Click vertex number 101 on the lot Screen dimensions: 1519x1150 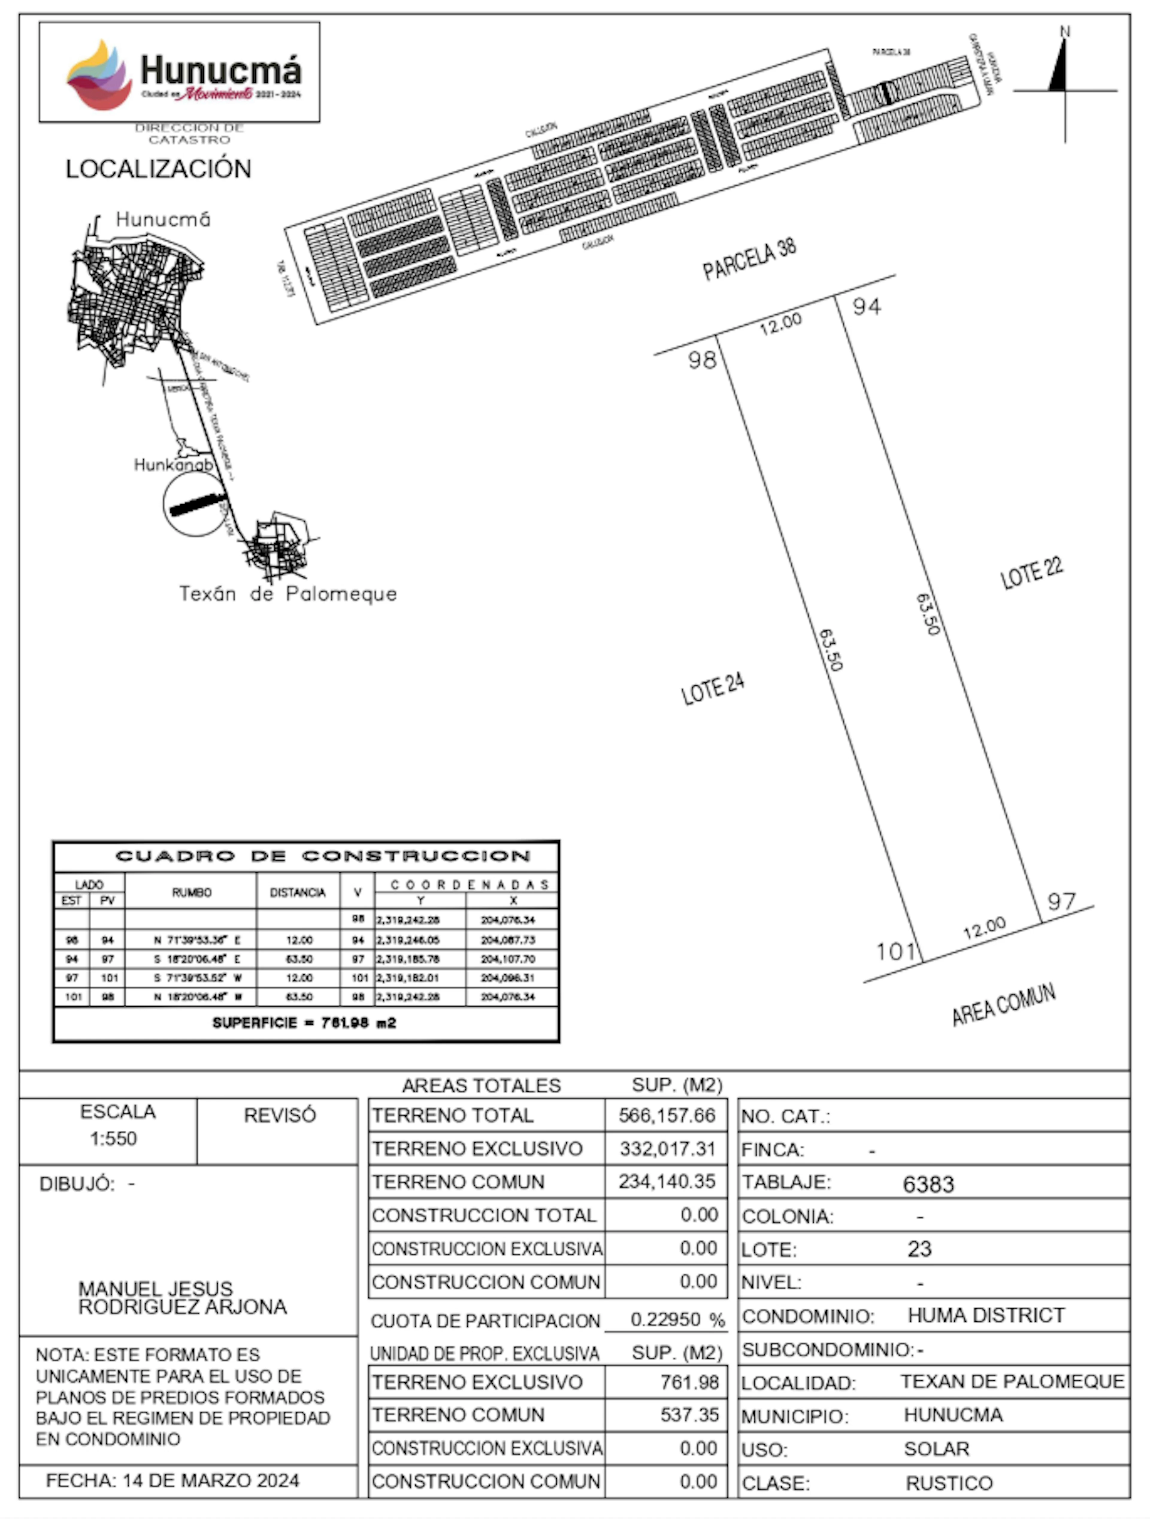895,951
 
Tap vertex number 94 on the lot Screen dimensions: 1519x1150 866,306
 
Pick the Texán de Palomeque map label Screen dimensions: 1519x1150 288,593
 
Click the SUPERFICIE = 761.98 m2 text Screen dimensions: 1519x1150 304,1023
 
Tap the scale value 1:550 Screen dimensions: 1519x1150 113,1138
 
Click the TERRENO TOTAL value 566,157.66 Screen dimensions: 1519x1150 666,1115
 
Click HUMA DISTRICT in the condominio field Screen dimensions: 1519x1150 986,1315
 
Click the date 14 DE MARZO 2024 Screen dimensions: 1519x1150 210,1480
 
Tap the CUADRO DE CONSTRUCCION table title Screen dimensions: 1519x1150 323,856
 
